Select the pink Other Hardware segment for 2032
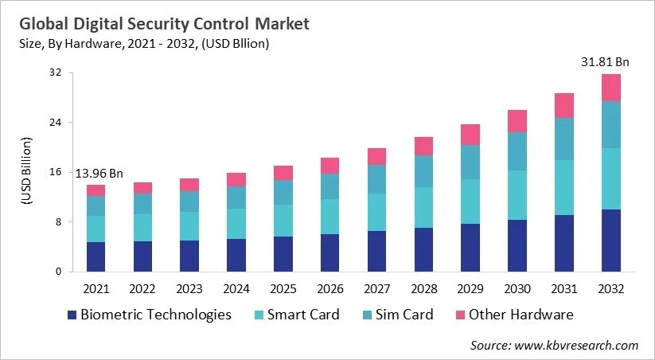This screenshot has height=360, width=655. [x=610, y=88]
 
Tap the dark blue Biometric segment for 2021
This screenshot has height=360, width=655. [x=96, y=256]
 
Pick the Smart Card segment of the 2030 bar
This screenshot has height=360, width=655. [x=517, y=195]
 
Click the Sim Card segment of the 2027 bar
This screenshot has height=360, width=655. [x=376, y=179]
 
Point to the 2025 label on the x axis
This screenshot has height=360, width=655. [x=283, y=288]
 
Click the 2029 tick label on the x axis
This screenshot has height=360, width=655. [x=470, y=288]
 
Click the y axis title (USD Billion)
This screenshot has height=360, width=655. [x=25, y=172]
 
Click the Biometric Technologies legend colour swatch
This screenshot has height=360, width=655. [x=73, y=315]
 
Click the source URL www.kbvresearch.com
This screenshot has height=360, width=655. [x=587, y=345]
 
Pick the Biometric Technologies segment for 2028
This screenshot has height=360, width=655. [x=423, y=249]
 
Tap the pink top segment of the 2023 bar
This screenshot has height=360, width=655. [x=189, y=185]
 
